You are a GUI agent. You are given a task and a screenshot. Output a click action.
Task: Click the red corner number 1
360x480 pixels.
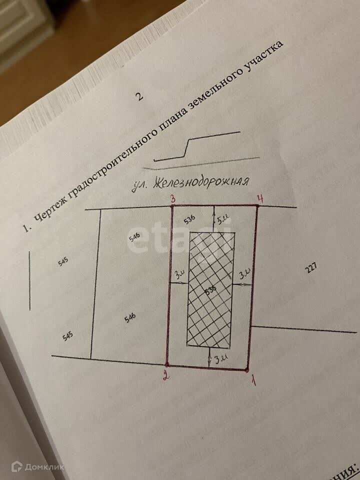[x=253, y=381]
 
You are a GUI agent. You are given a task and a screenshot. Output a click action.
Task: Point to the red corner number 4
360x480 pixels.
[x=259, y=198]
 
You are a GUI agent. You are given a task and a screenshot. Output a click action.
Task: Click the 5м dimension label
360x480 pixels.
[x=221, y=219]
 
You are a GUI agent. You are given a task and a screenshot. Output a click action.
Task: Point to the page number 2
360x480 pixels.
[x=139, y=96]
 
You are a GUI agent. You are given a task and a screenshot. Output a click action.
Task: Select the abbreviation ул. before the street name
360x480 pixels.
[x=139, y=187]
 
